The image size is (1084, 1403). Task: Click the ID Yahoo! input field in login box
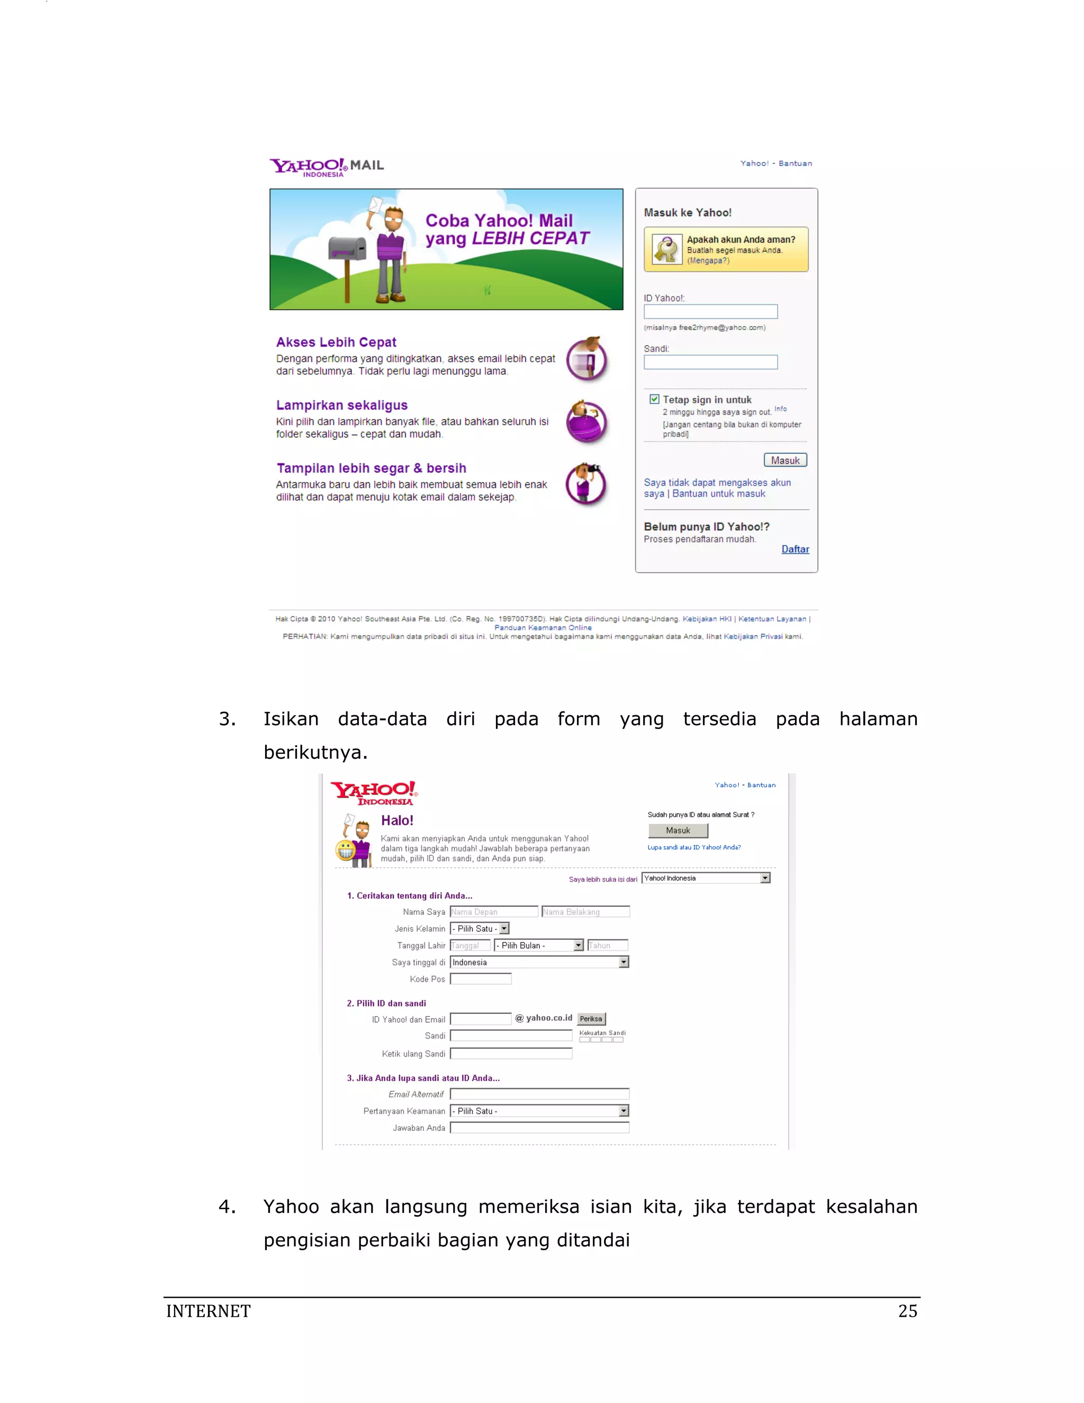710,311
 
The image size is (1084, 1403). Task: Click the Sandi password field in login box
710,362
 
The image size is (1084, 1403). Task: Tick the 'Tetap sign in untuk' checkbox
654,399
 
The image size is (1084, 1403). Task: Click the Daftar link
795,549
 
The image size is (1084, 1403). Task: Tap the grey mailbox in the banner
347,249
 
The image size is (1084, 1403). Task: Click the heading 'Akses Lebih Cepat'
336,343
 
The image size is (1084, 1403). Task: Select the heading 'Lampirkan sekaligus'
341,406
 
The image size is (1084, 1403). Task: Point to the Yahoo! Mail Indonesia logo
326,167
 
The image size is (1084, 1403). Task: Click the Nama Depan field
494,912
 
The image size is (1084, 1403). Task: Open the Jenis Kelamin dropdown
480,928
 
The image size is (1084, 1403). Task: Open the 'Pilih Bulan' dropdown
538,945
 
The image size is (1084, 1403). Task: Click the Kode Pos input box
481,979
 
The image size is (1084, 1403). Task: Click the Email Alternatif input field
539,1094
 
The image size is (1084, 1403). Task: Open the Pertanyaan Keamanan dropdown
539,1111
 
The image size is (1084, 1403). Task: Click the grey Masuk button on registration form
677,831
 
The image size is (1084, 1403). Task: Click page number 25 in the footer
907,1311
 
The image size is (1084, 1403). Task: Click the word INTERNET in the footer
208,1311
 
